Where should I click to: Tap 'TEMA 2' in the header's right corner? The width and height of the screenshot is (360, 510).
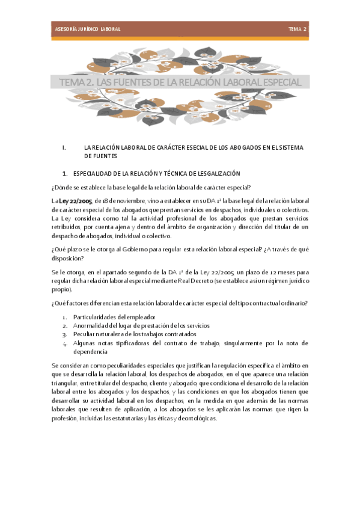(x=297, y=29)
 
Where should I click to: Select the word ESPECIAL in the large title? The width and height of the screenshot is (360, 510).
(x=282, y=82)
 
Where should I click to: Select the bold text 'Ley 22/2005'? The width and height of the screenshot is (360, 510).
(x=75, y=201)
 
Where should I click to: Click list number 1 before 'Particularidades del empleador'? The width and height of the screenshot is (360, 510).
(x=65, y=317)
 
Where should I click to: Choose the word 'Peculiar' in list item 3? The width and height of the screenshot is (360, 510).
(x=84, y=334)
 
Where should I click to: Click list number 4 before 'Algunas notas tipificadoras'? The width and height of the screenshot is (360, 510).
(x=65, y=344)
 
